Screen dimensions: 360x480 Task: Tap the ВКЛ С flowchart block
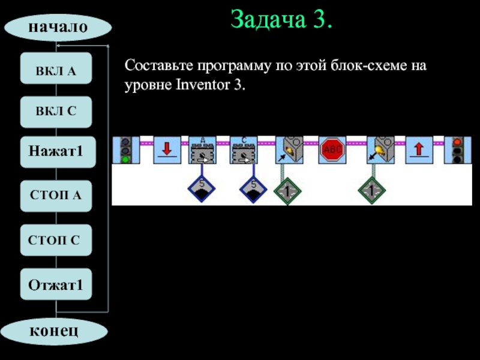pos(56,112)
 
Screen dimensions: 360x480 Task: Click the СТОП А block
pos(56,196)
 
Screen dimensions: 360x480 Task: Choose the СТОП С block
pos(56,240)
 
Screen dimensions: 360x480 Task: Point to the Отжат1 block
pos(56,285)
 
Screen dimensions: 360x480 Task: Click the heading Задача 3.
pos(281,20)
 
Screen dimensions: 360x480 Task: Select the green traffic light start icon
pos(125,151)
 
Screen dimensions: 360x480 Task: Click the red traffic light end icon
pos(457,151)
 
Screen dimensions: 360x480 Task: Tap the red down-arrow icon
pos(167,151)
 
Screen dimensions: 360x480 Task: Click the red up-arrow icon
pos(419,151)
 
